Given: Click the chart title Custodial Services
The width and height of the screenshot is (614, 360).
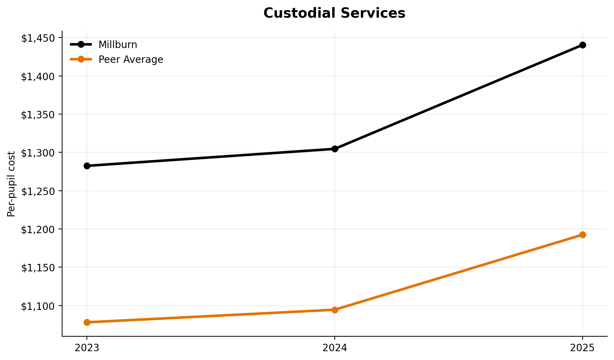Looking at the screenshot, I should (x=334, y=13).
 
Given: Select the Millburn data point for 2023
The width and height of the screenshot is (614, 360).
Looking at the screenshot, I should (x=87, y=166).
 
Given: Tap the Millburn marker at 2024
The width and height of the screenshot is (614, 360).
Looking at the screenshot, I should (x=335, y=149).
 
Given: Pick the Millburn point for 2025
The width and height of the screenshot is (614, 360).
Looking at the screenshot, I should (x=583, y=45).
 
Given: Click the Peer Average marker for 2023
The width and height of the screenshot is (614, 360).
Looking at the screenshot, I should (x=87, y=322).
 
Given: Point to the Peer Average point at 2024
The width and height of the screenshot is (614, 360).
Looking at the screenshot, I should (x=335, y=310).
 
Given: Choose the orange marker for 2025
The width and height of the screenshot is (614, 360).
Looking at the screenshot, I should (x=583, y=235).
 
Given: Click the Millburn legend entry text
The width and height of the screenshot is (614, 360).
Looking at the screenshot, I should (x=118, y=45).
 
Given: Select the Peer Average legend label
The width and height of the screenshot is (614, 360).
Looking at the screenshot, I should (x=131, y=60).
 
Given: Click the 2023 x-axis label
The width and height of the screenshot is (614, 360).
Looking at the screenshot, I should (x=87, y=348).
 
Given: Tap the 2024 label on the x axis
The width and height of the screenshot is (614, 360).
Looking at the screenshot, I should (x=335, y=348).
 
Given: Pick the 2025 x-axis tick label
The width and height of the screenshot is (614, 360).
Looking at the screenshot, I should (x=583, y=348).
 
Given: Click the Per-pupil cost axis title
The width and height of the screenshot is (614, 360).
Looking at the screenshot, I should (x=12, y=184).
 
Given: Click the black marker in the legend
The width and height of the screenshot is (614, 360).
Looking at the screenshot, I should (x=81, y=45).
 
